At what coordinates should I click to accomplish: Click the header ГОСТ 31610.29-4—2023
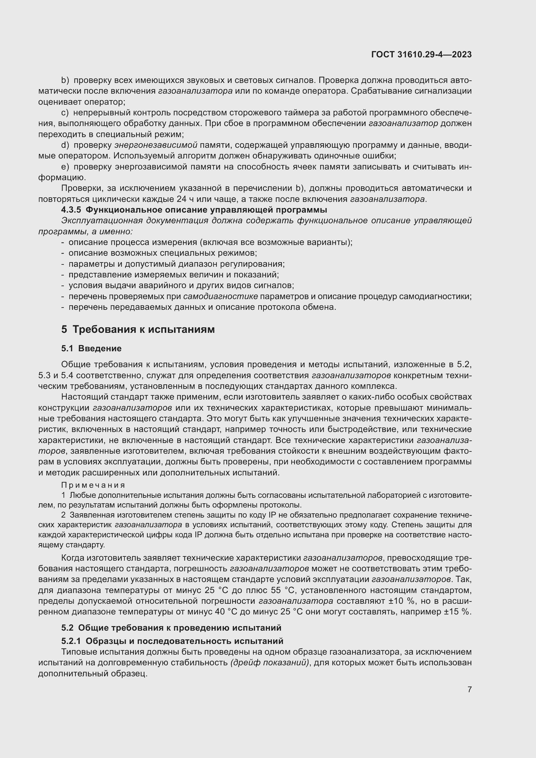pyautogui.click(x=421, y=54)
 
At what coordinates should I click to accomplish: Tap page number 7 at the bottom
pyautogui.click(x=469, y=689)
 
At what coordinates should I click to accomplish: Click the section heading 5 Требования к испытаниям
pyautogui.click(x=138, y=329)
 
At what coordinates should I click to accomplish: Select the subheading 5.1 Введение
pyautogui.click(x=91, y=348)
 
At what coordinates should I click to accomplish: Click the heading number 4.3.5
pyautogui.click(x=71, y=210)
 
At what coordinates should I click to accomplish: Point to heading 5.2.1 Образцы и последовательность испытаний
pyautogui.click(x=172, y=641)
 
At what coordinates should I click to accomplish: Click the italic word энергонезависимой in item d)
pyautogui.click(x=156, y=145)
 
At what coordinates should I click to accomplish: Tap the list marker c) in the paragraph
pyautogui.click(x=65, y=112)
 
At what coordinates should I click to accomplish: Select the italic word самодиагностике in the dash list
pyautogui.click(x=220, y=296)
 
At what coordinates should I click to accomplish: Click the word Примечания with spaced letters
pyautogui.click(x=93, y=485)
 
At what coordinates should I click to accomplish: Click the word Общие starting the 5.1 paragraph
pyautogui.click(x=76, y=365)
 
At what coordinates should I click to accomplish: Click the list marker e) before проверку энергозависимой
pyautogui.click(x=65, y=167)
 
